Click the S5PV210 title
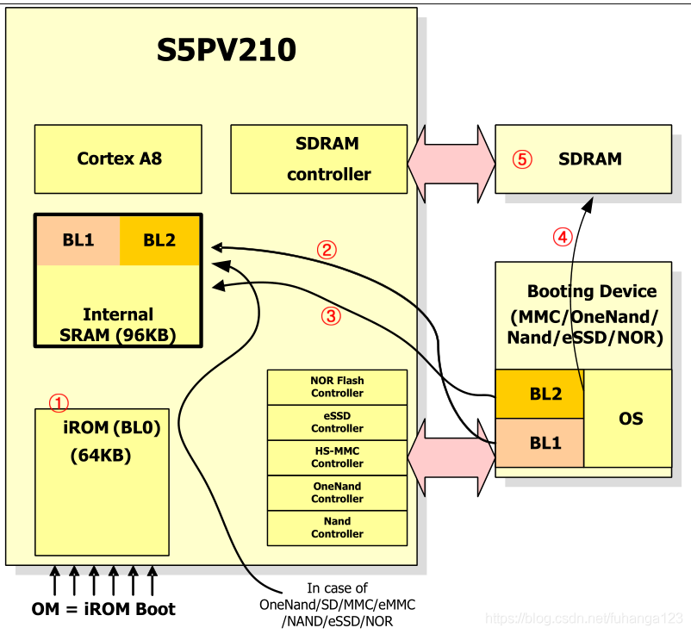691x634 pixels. (x=226, y=50)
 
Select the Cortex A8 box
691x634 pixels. (x=119, y=158)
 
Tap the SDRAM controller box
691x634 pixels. (x=319, y=158)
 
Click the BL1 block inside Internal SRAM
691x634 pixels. (x=78, y=240)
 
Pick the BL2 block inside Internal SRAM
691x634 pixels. (x=159, y=240)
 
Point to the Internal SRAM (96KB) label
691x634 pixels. (x=118, y=325)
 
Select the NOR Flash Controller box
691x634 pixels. (x=337, y=387)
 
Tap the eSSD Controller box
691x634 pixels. (x=337, y=422)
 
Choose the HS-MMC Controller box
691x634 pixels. (x=337, y=457)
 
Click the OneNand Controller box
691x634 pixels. (x=337, y=493)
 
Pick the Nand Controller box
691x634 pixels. (x=337, y=527)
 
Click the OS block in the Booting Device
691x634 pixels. (x=631, y=419)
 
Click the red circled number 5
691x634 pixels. (x=522, y=159)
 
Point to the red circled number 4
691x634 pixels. (x=562, y=237)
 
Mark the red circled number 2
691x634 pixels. (x=326, y=251)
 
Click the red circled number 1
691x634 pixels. (x=58, y=402)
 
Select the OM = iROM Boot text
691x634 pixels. (x=103, y=609)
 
